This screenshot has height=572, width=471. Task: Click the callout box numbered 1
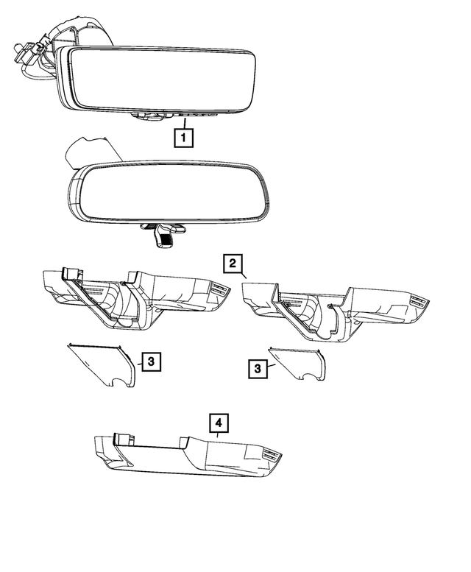(183, 137)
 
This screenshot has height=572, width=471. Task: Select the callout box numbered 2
(233, 264)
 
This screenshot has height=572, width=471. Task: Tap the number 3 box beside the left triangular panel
(149, 361)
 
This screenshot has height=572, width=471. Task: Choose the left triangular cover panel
(103, 364)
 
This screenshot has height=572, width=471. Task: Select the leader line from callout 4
(219, 437)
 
